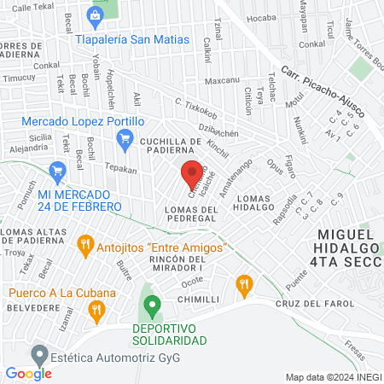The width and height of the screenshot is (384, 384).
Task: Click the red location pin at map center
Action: pos(192,172)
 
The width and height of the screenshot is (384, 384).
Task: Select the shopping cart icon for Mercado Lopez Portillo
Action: pos(125,138)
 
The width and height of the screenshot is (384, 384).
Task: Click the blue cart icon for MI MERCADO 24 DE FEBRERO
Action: pos(58,172)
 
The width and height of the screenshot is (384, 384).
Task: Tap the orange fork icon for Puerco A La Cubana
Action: pos(97,309)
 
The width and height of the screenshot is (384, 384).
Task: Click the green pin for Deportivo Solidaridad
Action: pos(152,304)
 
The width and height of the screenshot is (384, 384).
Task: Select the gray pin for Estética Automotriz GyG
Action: pos(38,353)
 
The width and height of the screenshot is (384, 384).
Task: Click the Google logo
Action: pos(28,373)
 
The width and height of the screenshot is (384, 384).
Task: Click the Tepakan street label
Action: pos(120,169)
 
